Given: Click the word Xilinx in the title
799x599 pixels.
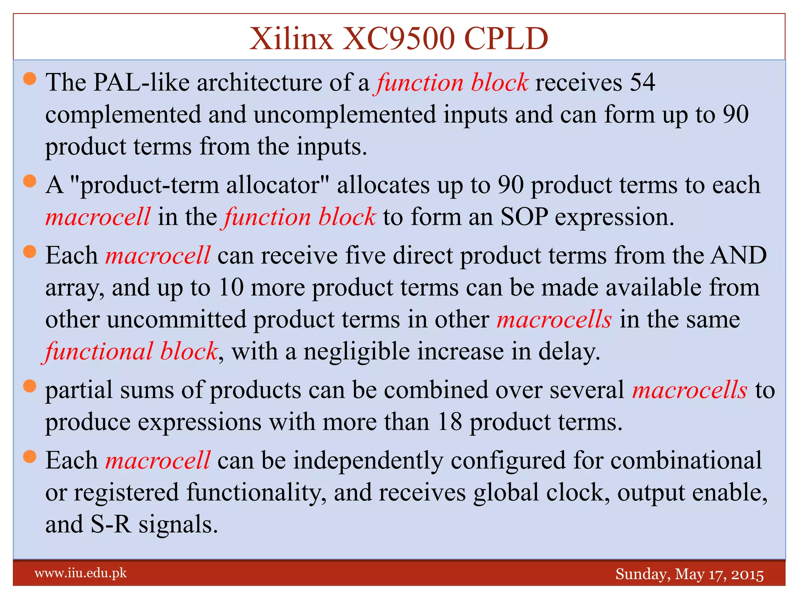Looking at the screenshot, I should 291,39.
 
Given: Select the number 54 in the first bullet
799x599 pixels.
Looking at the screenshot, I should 642,83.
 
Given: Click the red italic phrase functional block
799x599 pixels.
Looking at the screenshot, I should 131,351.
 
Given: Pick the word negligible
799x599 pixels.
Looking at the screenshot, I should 357,351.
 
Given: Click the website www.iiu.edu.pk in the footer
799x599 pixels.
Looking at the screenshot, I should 81,573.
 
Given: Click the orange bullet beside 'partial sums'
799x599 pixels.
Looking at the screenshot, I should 30,386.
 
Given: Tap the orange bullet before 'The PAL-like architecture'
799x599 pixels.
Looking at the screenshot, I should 30,79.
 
